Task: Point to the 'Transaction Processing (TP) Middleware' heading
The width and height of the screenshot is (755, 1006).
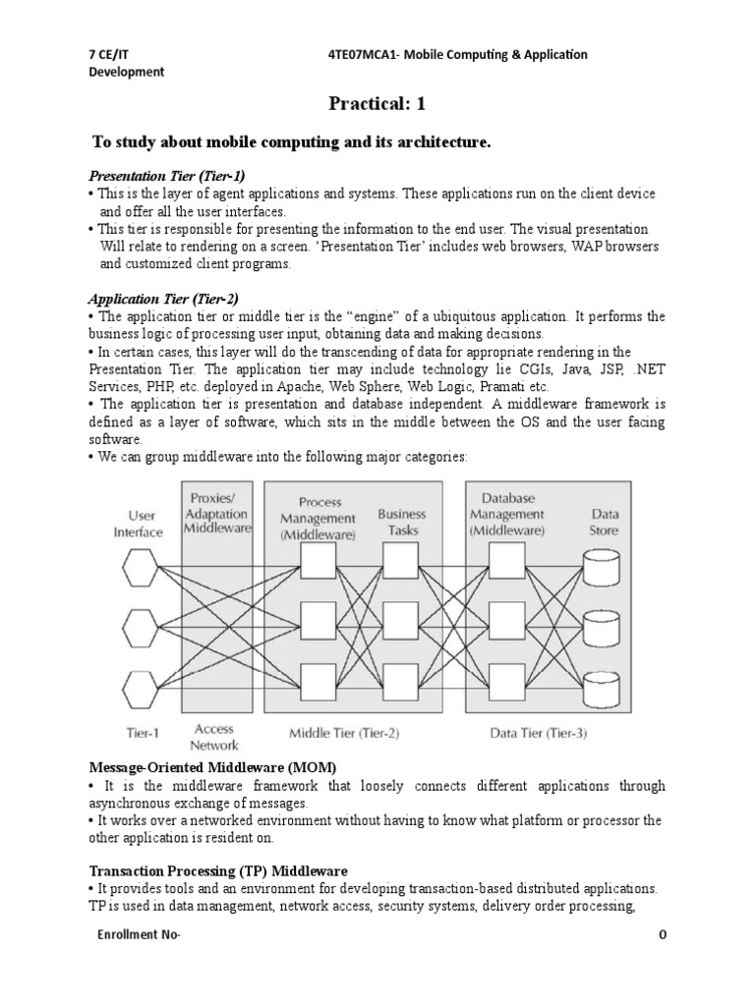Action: coord(217,870)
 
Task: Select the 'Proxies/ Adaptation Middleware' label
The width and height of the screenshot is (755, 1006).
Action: coord(218,512)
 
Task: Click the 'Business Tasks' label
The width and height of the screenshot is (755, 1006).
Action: coord(402,522)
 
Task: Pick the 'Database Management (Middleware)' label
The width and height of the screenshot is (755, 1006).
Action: coord(506,514)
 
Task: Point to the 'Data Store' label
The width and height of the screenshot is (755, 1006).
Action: coord(604,522)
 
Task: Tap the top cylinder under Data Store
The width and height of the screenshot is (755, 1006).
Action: coord(602,566)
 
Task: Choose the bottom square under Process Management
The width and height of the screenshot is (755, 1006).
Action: coord(318,679)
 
